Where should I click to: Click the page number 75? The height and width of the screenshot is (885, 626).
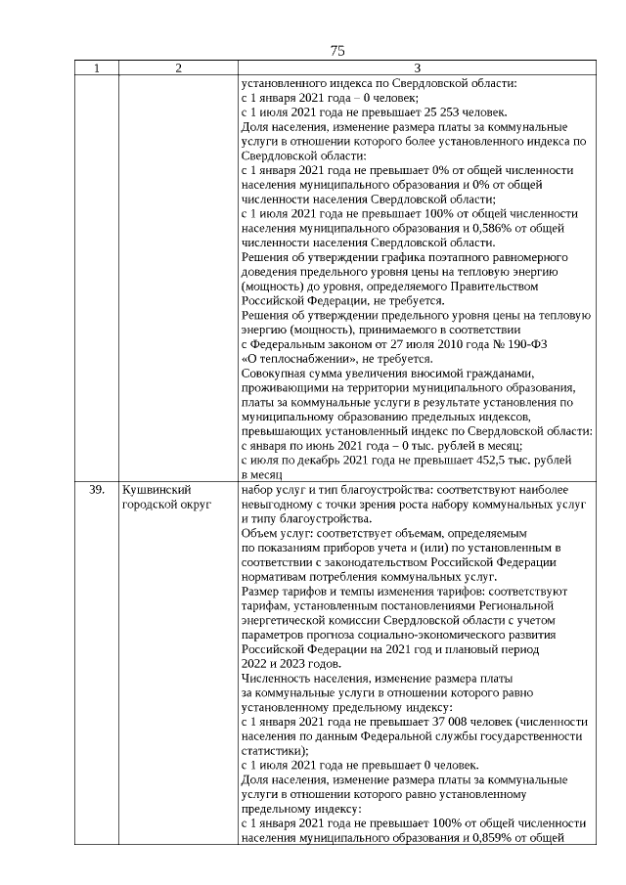click(x=337, y=51)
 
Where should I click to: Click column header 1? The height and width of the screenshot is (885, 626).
click(x=96, y=68)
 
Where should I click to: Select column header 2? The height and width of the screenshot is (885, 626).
click(x=177, y=68)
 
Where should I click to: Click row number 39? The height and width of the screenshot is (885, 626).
click(x=96, y=489)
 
